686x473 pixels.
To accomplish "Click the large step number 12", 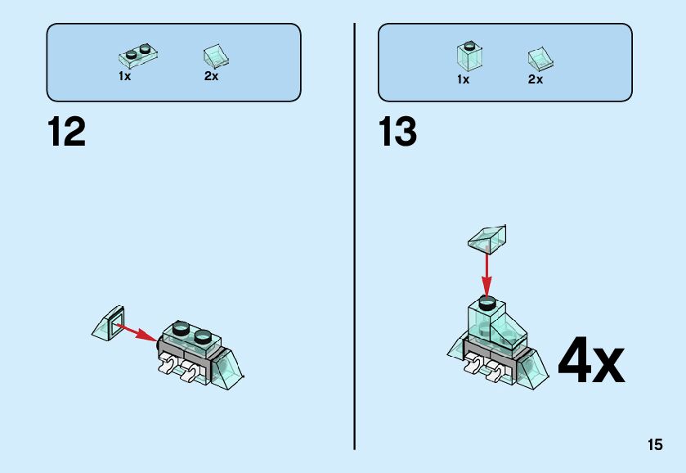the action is point(66,133).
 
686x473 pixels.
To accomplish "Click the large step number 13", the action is point(398,133).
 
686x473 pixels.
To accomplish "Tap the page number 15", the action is point(654,445).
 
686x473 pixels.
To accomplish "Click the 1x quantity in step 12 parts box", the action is point(124,76).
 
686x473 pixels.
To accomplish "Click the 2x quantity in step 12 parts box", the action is point(211,76).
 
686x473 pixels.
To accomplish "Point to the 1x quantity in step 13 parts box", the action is point(463,79).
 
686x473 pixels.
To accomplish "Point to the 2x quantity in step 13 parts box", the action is point(536,79).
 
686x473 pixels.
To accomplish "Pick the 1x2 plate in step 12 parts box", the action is point(138,55).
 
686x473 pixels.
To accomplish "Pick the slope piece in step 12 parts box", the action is point(216,55).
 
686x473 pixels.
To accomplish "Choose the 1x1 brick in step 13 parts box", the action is point(469,55).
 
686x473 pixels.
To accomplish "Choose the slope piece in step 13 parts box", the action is point(540,57).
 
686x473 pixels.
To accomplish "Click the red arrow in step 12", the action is point(136,331).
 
